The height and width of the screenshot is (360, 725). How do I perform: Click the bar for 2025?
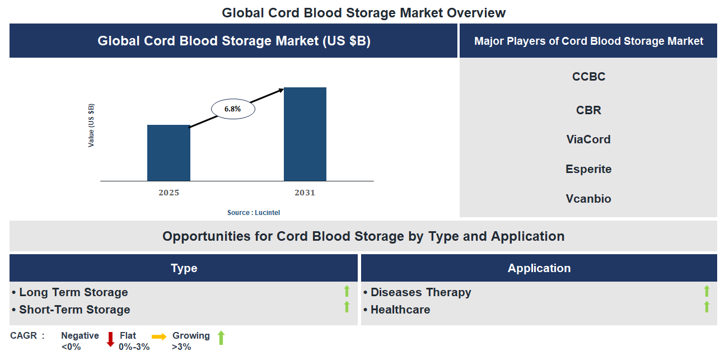coord(169,153)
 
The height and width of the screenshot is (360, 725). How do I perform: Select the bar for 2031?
coord(305,134)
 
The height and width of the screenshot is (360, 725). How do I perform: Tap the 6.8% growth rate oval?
coord(233,109)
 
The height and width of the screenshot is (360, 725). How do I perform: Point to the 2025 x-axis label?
coord(169,193)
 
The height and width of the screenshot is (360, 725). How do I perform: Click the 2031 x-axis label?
coord(305,193)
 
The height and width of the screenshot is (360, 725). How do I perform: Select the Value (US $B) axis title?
coord(91,125)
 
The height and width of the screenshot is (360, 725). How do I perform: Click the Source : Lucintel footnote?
coord(253,213)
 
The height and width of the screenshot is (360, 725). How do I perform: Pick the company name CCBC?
coord(588,77)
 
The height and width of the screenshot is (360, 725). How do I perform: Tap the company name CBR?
coord(588,110)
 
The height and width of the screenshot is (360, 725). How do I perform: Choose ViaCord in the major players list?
coord(588,139)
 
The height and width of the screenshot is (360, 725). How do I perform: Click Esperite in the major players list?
coord(588,169)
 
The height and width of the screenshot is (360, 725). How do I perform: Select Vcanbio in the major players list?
coord(588,199)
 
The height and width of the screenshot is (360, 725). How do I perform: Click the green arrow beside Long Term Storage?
coord(347,291)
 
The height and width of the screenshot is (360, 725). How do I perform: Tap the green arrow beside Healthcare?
coord(707,307)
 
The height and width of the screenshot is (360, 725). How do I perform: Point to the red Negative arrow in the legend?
coord(110,339)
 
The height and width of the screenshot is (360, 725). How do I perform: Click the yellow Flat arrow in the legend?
coord(159,337)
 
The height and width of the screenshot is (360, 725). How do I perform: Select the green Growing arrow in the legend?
coord(221,338)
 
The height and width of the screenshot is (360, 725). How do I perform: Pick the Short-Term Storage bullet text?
coord(74,310)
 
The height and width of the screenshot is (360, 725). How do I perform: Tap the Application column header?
coord(539,268)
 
